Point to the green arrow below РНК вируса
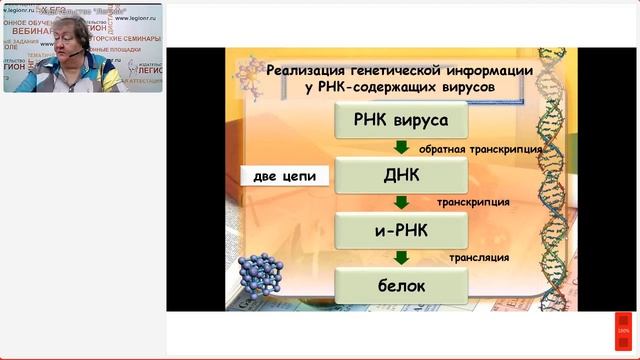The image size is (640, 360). [400, 148]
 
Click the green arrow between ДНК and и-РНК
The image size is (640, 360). [400, 203]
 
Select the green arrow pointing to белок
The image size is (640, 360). [400, 259]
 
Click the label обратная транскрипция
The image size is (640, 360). [495, 149]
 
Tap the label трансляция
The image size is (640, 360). [480, 258]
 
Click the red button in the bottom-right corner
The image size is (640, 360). [622, 330]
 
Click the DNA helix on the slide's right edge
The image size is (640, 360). [559, 180]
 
